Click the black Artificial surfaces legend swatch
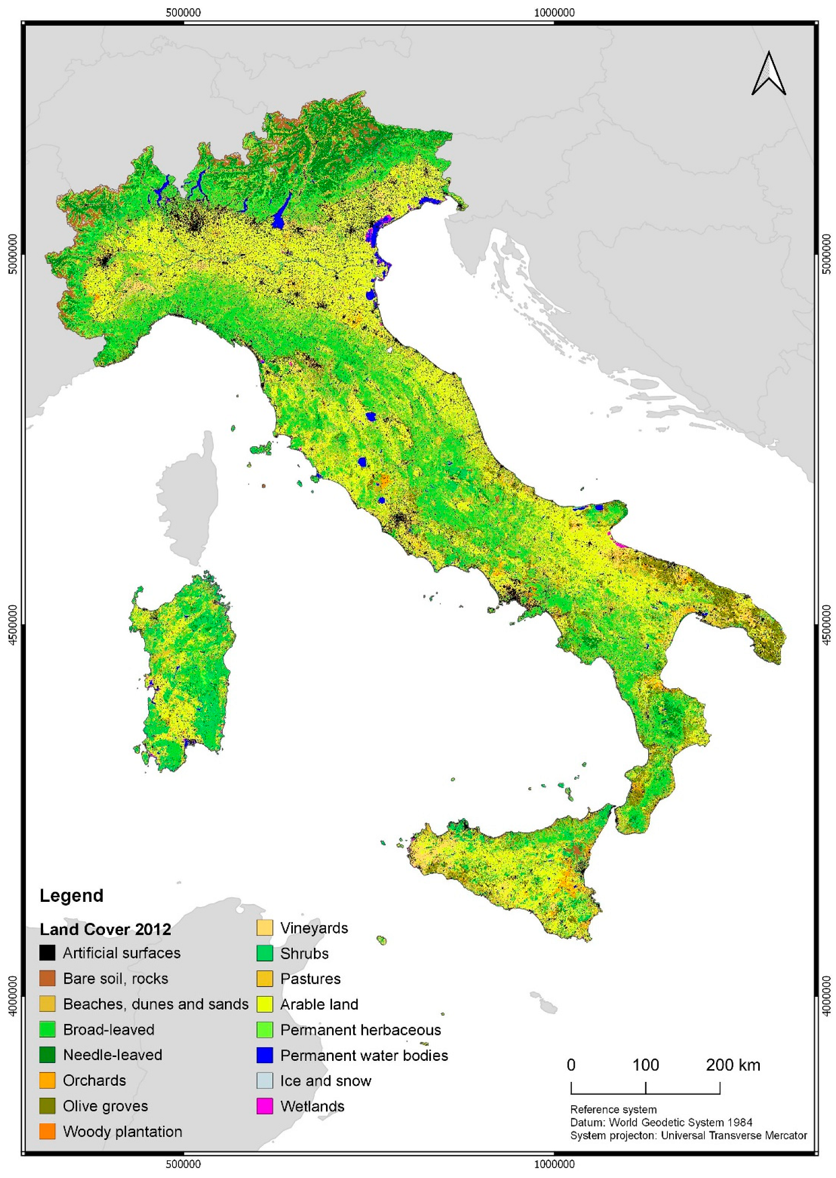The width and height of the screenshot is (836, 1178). [48, 953]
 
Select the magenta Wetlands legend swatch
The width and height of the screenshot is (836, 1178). [265, 1106]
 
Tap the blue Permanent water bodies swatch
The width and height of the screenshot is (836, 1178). [265, 1055]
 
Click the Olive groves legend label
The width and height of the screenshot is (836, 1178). [105, 1106]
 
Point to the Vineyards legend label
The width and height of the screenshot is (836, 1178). [314, 928]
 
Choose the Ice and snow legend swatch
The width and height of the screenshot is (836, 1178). [265, 1080]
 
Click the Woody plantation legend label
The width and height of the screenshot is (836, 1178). [122, 1131]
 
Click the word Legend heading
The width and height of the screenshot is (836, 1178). [71, 895]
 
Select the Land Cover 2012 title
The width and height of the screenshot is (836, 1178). [105, 929]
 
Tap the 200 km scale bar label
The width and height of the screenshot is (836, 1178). [733, 1065]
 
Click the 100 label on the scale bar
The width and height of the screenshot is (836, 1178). [645, 1065]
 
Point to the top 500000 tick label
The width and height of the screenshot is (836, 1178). [183, 12]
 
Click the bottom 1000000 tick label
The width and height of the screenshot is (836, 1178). [554, 1164]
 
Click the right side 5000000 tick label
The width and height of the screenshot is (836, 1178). [826, 253]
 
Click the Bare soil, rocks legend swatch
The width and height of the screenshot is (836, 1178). [48, 978]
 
